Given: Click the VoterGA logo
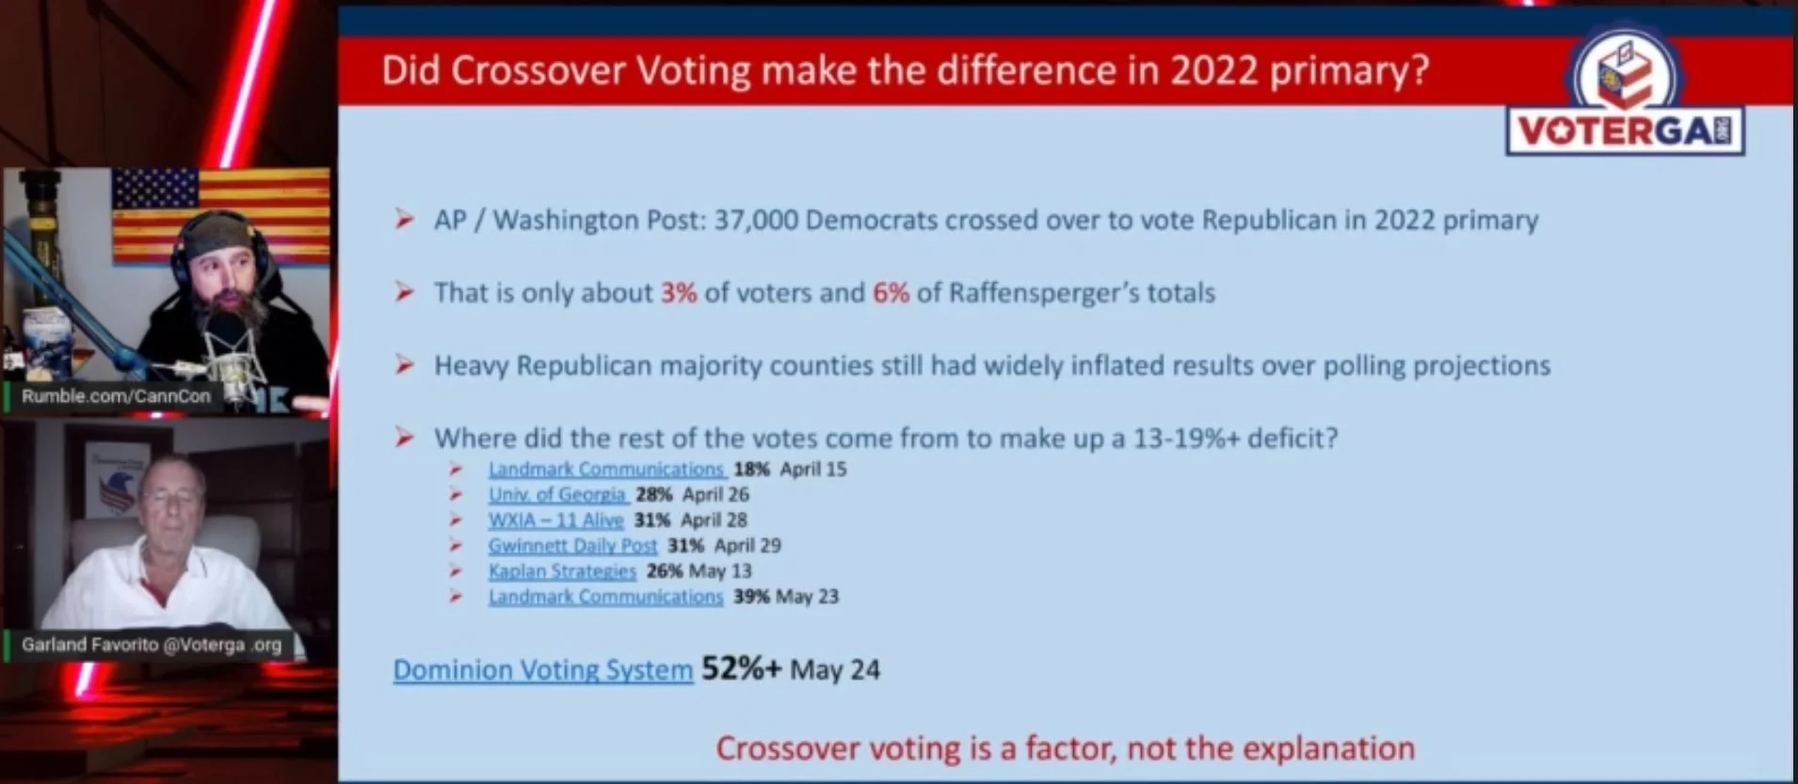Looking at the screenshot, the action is point(1626,90).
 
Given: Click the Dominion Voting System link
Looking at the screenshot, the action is point(543,669).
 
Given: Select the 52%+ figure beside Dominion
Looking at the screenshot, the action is point(742,668).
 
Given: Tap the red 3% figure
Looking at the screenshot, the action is point(679,293).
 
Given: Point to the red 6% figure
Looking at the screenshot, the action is point(891,293).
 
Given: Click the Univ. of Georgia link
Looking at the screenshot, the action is point(557,494).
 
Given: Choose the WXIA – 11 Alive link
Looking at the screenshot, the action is point(556,520).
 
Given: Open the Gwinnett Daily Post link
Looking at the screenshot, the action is point(572,545).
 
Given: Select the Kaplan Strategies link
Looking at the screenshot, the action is point(562,570).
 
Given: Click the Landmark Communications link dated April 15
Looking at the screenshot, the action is point(606,469).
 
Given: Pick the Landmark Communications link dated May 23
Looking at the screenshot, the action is point(606,596).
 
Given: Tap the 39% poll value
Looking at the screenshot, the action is point(751,596).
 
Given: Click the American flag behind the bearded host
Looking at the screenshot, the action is point(221,216).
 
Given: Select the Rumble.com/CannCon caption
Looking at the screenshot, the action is point(116,396).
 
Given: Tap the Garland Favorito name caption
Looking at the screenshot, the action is point(152,645).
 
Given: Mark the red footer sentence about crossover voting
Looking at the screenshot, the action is point(1066,748).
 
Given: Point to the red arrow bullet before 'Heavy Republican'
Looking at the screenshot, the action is point(405,364).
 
